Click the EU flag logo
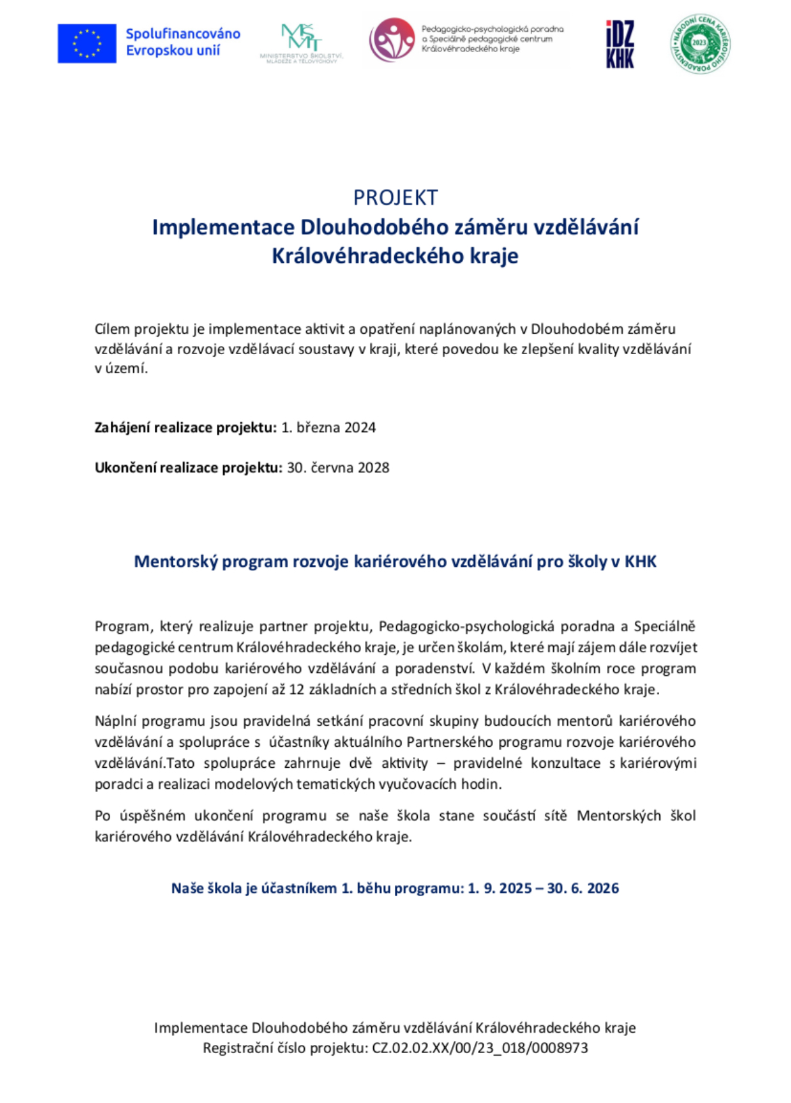coord(87,43)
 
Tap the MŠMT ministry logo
coord(301,42)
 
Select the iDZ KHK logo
coord(619,44)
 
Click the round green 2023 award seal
coord(700,43)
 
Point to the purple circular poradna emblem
coord(392,40)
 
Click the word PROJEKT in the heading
coord(395,197)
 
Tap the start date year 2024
coord(360,427)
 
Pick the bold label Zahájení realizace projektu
coord(185,427)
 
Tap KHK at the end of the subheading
coord(640,562)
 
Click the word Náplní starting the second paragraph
coord(116,721)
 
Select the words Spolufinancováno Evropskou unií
coord(183,42)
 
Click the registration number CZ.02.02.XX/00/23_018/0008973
coord(480,1048)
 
